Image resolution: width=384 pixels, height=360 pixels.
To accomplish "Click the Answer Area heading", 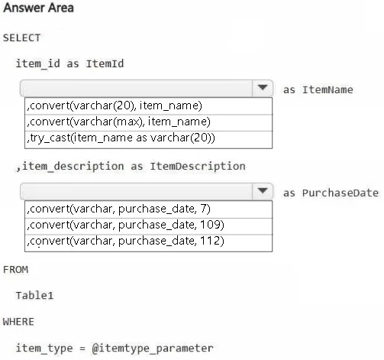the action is pyautogui.click(x=38, y=8).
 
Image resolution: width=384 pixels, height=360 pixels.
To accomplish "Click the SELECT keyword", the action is pyautogui.click(x=21, y=38).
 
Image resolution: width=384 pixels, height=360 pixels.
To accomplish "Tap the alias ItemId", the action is pyautogui.click(x=105, y=63).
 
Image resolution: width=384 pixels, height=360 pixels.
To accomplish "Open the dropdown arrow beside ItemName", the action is pyautogui.click(x=263, y=88).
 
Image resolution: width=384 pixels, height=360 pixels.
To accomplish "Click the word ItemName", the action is pyautogui.click(x=328, y=90).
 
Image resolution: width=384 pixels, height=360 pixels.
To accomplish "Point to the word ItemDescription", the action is pyautogui.click(x=198, y=167).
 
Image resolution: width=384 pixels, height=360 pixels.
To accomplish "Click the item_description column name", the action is pyautogui.click(x=73, y=167).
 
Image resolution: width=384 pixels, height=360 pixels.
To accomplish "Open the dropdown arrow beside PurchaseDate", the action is pyautogui.click(x=263, y=191).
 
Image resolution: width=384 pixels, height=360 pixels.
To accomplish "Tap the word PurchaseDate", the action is pyautogui.click(x=340, y=193).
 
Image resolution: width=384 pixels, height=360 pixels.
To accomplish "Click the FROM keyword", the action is pyautogui.click(x=15, y=270).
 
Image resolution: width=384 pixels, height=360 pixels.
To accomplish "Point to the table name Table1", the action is pyautogui.click(x=34, y=296).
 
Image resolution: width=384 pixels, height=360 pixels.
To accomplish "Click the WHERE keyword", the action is pyautogui.click(x=18, y=322).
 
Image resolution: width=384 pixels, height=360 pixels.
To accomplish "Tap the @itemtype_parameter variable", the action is pyautogui.click(x=153, y=349).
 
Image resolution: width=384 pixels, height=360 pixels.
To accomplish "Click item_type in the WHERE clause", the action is pyautogui.click(x=44, y=349).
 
